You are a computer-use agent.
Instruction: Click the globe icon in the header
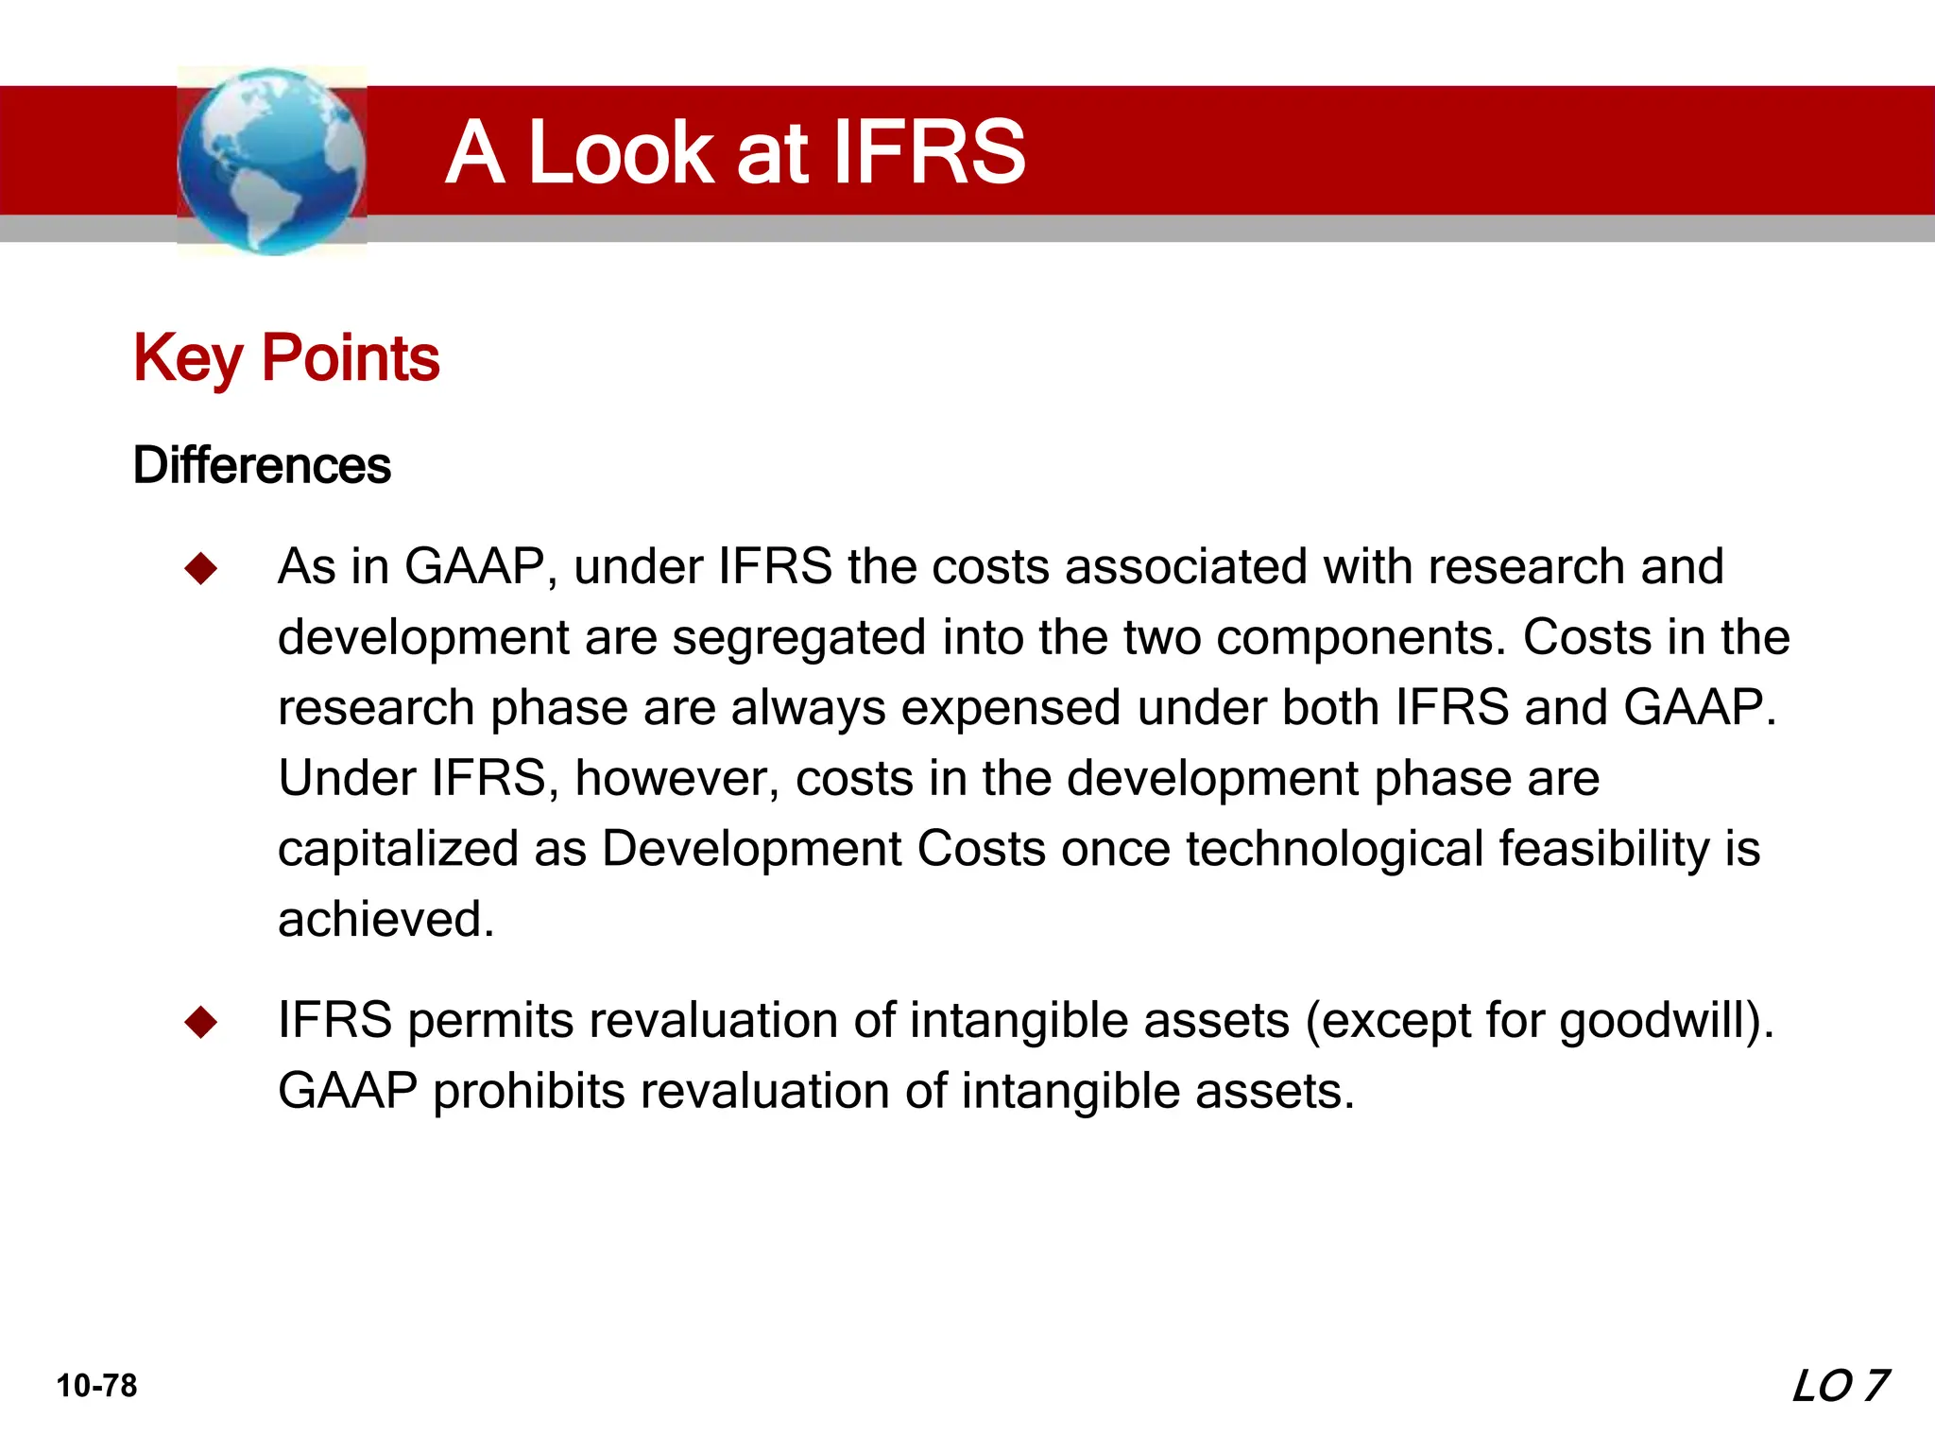tap(272, 161)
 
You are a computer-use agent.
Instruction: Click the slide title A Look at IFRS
tap(734, 152)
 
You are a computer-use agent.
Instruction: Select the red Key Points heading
tap(286, 358)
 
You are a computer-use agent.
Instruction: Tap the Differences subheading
tap(262, 465)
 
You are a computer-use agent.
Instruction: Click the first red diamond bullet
tap(201, 569)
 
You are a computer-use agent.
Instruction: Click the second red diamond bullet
tap(201, 1023)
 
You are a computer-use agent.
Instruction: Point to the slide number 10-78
tap(96, 1386)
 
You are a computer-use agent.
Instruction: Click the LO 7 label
tap(1839, 1387)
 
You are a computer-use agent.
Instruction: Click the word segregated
tap(799, 637)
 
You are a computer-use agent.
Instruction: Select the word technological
tap(1334, 848)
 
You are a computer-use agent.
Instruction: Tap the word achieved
tap(385, 919)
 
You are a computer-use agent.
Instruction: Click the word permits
tap(490, 1021)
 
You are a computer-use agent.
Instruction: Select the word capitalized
tap(398, 848)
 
